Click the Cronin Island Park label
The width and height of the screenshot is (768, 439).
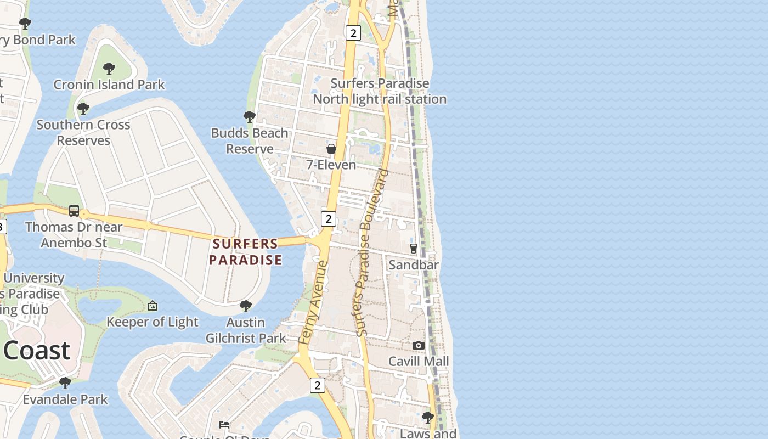tap(109, 85)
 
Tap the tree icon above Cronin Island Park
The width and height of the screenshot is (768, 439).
tap(109, 69)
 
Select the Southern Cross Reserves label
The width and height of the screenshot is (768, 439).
tap(83, 132)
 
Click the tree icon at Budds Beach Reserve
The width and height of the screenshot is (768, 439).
tap(249, 116)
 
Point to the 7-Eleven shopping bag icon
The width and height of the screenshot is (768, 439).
tap(331, 149)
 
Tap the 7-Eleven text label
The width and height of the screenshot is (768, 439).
tap(331, 165)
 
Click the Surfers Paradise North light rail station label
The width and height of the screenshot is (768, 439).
tap(380, 91)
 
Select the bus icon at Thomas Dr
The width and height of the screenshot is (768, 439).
tap(74, 211)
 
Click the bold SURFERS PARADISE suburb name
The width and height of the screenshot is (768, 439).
tap(245, 252)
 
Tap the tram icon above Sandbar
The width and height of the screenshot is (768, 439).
tap(414, 249)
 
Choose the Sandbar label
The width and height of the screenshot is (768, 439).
tap(414, 265)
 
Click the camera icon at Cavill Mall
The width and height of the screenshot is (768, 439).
tap(419, 345)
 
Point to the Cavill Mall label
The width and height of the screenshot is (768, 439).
tap(419, 361)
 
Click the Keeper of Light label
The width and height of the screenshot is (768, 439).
tap(153, 322)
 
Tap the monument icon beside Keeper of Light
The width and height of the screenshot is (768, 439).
tap(153, 306)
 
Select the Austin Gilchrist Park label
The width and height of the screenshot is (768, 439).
tap(246, 330)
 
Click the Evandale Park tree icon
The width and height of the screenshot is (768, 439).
tap(65, 382)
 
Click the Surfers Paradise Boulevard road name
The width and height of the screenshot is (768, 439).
tap(372, 252)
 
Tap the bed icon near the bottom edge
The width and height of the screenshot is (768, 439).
tap(224, 424)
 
